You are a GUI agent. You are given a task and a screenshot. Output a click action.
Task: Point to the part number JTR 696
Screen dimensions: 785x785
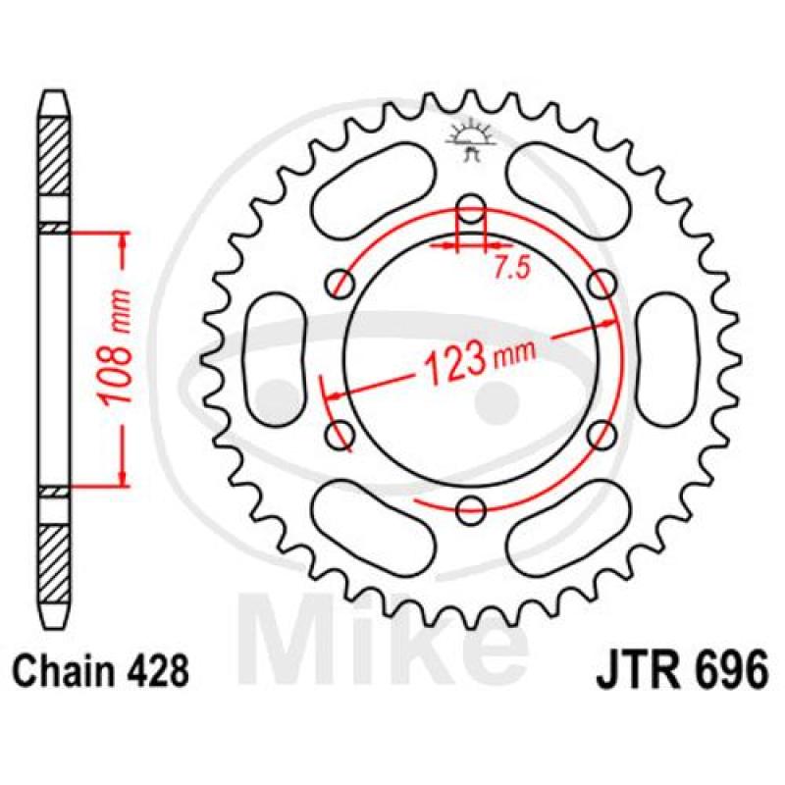(681, 670)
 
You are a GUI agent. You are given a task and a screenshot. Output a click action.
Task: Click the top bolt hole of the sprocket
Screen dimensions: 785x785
(471, 209)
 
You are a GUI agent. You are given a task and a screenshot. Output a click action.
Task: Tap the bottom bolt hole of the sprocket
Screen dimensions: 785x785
(471, 511)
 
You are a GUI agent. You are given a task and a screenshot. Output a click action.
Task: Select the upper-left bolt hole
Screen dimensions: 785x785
(340, 284)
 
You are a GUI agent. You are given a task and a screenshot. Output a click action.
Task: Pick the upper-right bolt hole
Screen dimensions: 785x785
(602, 285)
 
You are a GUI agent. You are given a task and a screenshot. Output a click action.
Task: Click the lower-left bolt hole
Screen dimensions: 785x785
(340, 435)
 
